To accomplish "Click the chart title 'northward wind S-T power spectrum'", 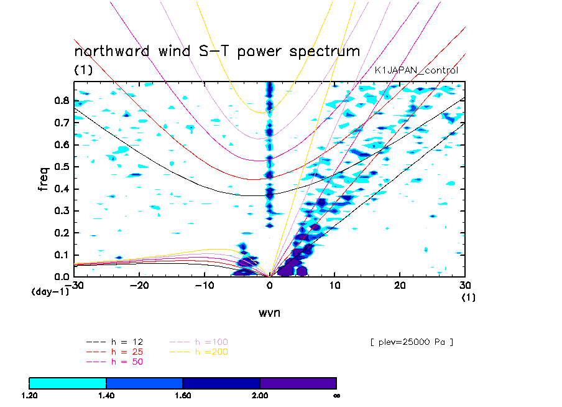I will point(217,51).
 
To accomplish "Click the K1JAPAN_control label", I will point(416,71).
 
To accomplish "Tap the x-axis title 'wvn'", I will point(269,312).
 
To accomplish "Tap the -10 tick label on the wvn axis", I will point(204,285).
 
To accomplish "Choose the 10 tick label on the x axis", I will point(334,285).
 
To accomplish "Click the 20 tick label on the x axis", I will point(400,285).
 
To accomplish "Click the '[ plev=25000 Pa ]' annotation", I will point(411,342).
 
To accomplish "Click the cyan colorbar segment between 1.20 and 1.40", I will point(68,382).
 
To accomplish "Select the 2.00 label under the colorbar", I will point(260,395).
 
